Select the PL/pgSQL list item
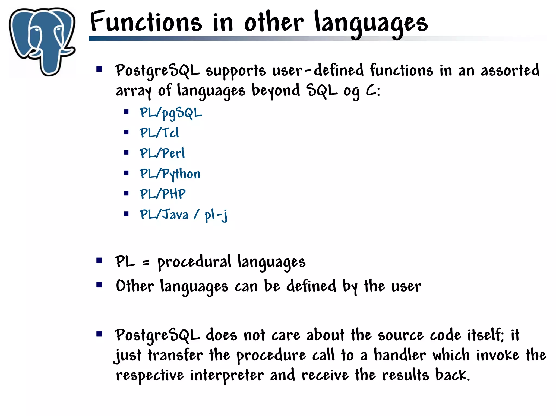(170, 113)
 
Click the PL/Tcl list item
(159, 133)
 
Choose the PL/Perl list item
(162, 153)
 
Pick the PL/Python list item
(170, 174)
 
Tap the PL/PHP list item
(163, 194)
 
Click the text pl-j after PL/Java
(216, 215)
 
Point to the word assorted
(510, 70)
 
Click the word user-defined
(318, 70)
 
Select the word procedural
(194, 262)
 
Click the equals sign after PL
(146, 263)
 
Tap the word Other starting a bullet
(135, 286)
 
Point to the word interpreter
(227, 376)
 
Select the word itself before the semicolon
(485, 335)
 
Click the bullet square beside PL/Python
(126, 173)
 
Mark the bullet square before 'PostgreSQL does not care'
(99, 334)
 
